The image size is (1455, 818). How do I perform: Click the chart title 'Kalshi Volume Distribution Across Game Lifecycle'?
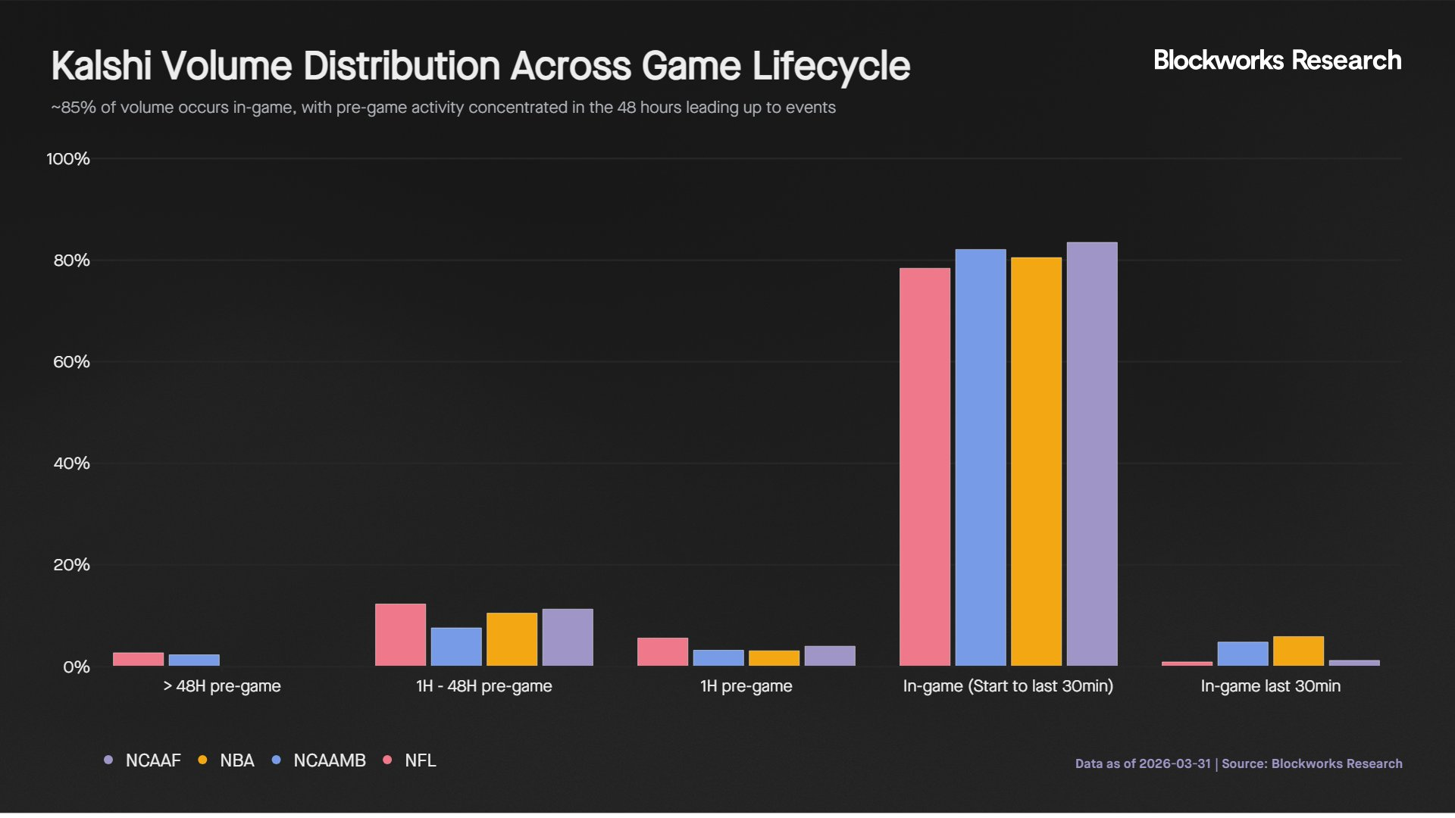click(x=480, y=66)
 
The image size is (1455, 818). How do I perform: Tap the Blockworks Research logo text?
click(x=1277, y=61)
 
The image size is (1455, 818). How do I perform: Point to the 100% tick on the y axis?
click(x=68, y=159)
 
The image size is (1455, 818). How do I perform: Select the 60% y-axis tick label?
click(x=71, y=362)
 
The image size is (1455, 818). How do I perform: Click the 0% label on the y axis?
click(x=76, y=667)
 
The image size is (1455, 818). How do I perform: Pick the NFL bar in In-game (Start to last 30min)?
click(x=925, y=467)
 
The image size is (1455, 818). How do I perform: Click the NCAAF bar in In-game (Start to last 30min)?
click(x=1092, y=454)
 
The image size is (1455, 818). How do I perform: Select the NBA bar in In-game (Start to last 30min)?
click(x=1036, y=462)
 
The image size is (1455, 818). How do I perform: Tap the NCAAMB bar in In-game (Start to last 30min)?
click(x=981, y=457)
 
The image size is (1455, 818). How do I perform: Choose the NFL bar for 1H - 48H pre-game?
click(x=400, y=635)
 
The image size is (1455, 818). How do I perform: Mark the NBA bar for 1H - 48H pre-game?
click(x=512, y=639)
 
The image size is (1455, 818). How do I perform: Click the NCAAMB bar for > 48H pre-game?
click(x=194, y=660)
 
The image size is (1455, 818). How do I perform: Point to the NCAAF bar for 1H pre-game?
click(x=830, y=656)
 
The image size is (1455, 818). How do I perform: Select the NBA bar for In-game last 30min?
click(x=1298, y=651)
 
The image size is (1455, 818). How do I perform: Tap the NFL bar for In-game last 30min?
click(x=1187, y=664)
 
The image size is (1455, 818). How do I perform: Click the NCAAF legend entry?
click(x=143, y=760)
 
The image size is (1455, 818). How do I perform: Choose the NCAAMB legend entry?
click(x=319, y=760)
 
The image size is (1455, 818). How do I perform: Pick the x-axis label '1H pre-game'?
click(x=746, y=686)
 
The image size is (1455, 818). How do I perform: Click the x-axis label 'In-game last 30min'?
click(x=1270, y=686)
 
